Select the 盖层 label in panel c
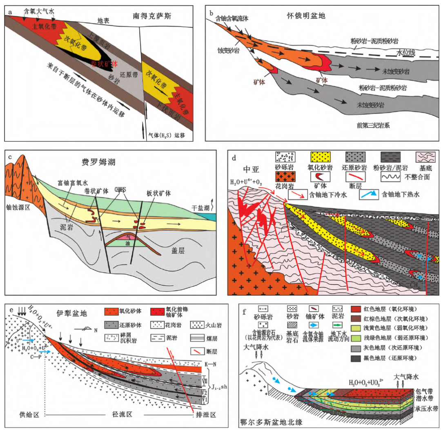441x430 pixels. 178,251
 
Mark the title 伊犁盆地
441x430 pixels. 72,315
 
